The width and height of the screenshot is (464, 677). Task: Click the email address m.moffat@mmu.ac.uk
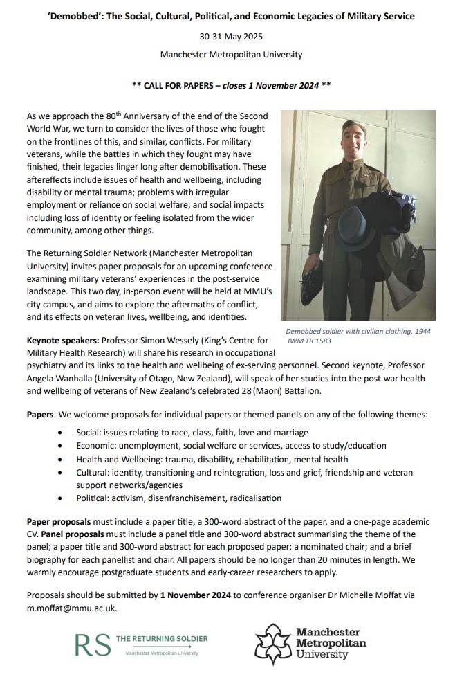click(x=71, y=608)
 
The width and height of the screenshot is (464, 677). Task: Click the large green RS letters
click(x=92, y=644)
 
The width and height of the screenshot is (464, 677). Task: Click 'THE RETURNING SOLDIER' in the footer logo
click(x=160, y=638)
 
